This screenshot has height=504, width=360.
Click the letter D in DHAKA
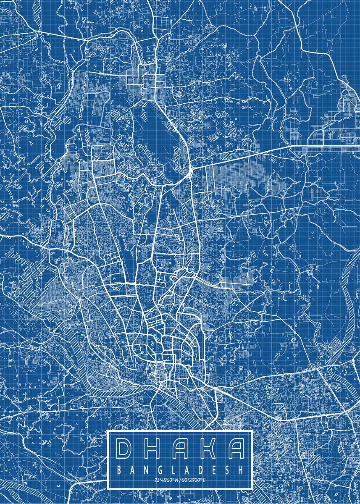(125, 449)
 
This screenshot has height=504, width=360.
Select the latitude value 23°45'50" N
(166, 480)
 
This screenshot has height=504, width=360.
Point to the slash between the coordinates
(180, 480)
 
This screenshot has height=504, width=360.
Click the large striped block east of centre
(248, 176)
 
